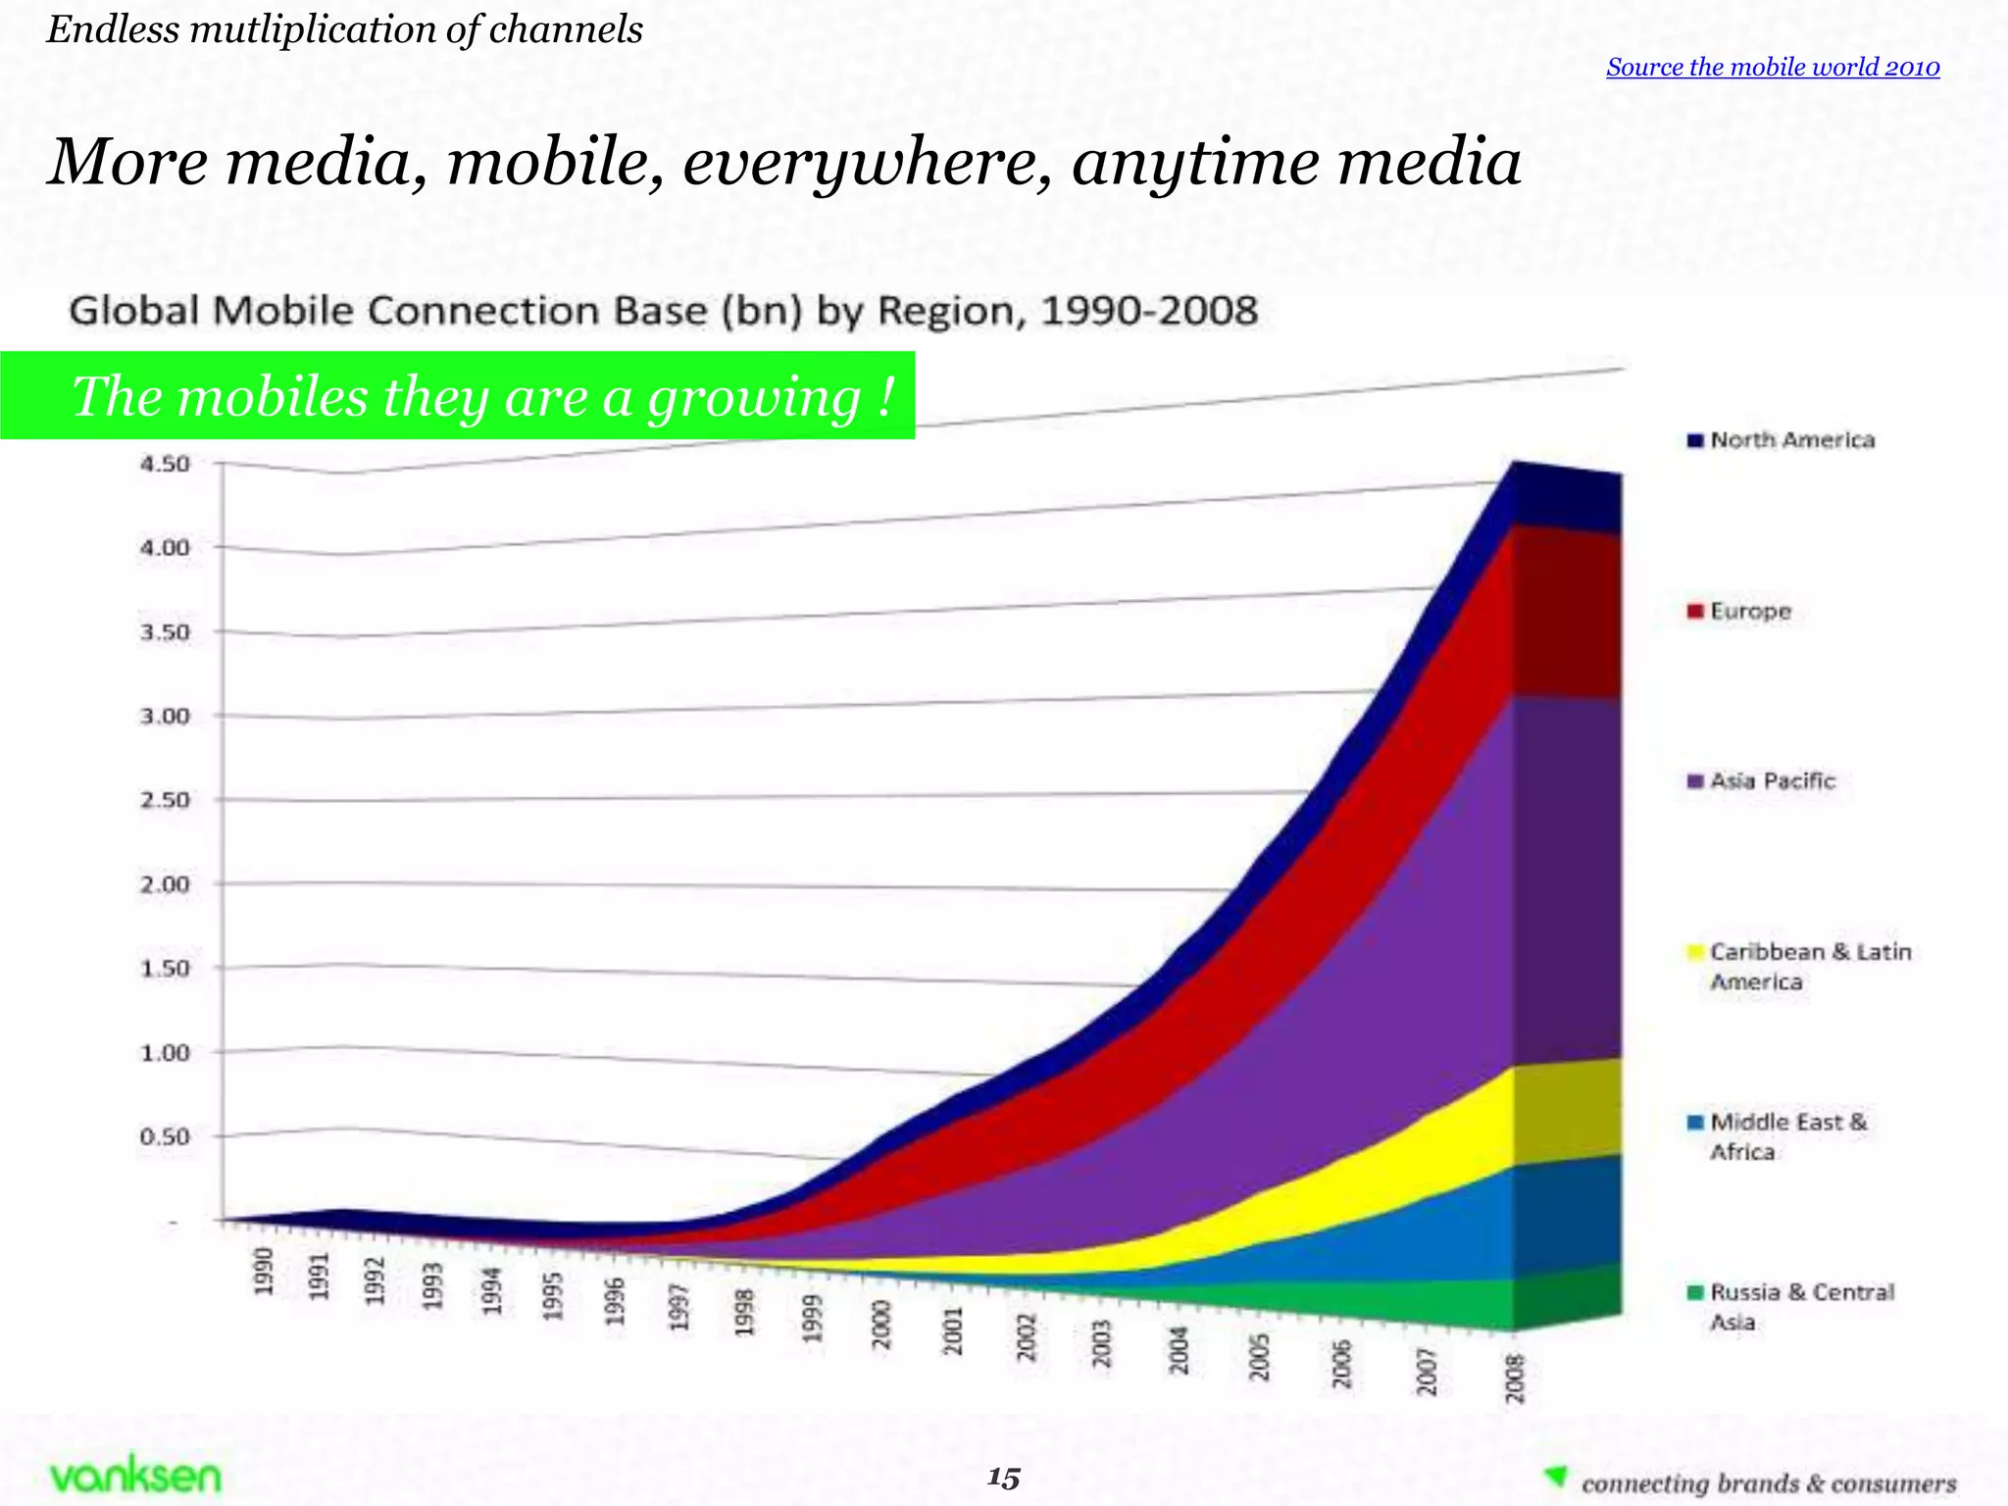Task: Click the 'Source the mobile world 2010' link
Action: point(1773,68)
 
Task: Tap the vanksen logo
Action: point(135,1476)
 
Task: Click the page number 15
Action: point(1003,1478)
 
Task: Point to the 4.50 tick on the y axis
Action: point(165,464)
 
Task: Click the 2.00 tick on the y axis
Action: point(165,884)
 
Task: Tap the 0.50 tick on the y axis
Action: point(165,1137)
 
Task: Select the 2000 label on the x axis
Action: point(881,1324)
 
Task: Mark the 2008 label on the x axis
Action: point(1516,1378)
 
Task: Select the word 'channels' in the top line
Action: point(566,30)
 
